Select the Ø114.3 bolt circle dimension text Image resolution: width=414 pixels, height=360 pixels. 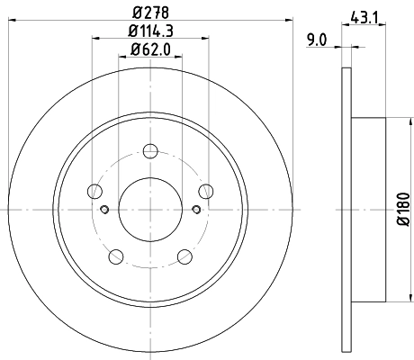coord(151,33)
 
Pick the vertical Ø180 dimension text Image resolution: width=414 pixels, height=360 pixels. coord(402,209)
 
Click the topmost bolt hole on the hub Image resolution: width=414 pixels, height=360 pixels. coord(151,149)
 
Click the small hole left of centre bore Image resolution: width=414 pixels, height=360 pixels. coord(105,210)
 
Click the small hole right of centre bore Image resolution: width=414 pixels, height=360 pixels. coord(196,210)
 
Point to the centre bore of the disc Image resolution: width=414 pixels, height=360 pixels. coord(151,208)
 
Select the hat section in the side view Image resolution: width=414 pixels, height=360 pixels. coord(369,208)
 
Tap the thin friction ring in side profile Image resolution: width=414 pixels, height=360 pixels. coord(346,208)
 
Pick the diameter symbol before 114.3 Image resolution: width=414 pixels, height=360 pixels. coord(130,33)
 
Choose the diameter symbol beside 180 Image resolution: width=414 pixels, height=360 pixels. coord(402,225)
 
